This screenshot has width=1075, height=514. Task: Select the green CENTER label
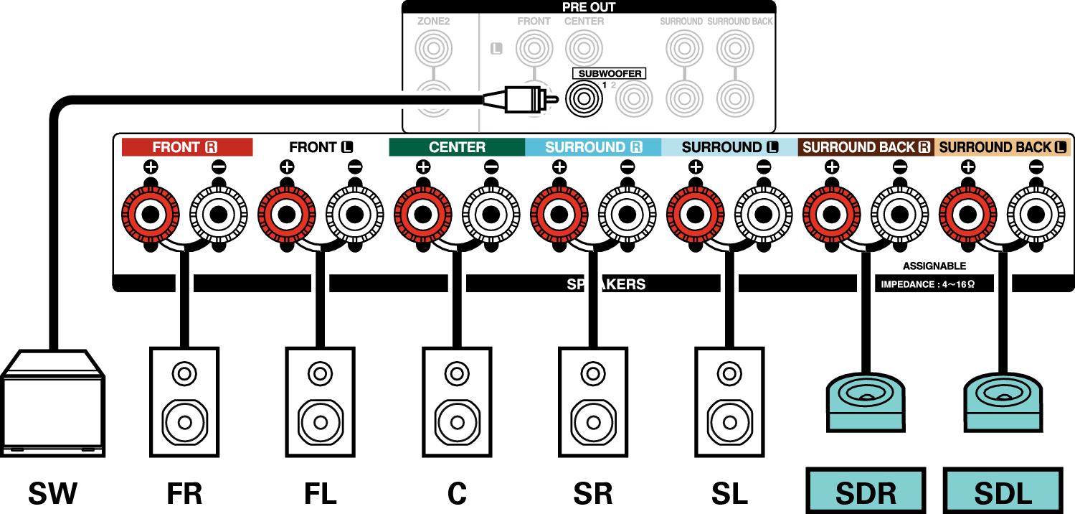pos(457,147)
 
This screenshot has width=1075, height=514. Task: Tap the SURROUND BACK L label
pos(1003,147)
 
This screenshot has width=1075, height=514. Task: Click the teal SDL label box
pos(1002,492)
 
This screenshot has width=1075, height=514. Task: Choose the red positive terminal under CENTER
pos(422,213)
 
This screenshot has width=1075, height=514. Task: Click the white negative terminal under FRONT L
pos(354,213)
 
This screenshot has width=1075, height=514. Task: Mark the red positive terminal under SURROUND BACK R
pos(831,213)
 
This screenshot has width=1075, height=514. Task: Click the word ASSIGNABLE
pos(934,266)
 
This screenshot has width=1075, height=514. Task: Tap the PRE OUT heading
pos(588,7)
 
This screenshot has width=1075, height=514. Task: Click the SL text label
pos(729,493)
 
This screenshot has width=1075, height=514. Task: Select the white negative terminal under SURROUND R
pos(627,213)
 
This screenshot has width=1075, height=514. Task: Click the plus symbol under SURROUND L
pos(695,167)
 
